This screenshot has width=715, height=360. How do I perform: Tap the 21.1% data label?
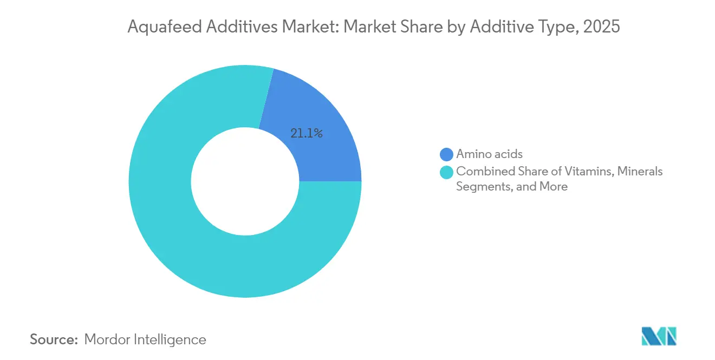307,133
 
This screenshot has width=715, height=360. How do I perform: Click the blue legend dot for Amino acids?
447,155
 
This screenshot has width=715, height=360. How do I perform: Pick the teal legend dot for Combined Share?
447,172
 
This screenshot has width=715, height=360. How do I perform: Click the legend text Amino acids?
489,155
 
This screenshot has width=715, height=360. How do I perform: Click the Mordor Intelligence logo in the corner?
658,336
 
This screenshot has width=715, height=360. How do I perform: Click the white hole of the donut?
245,181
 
